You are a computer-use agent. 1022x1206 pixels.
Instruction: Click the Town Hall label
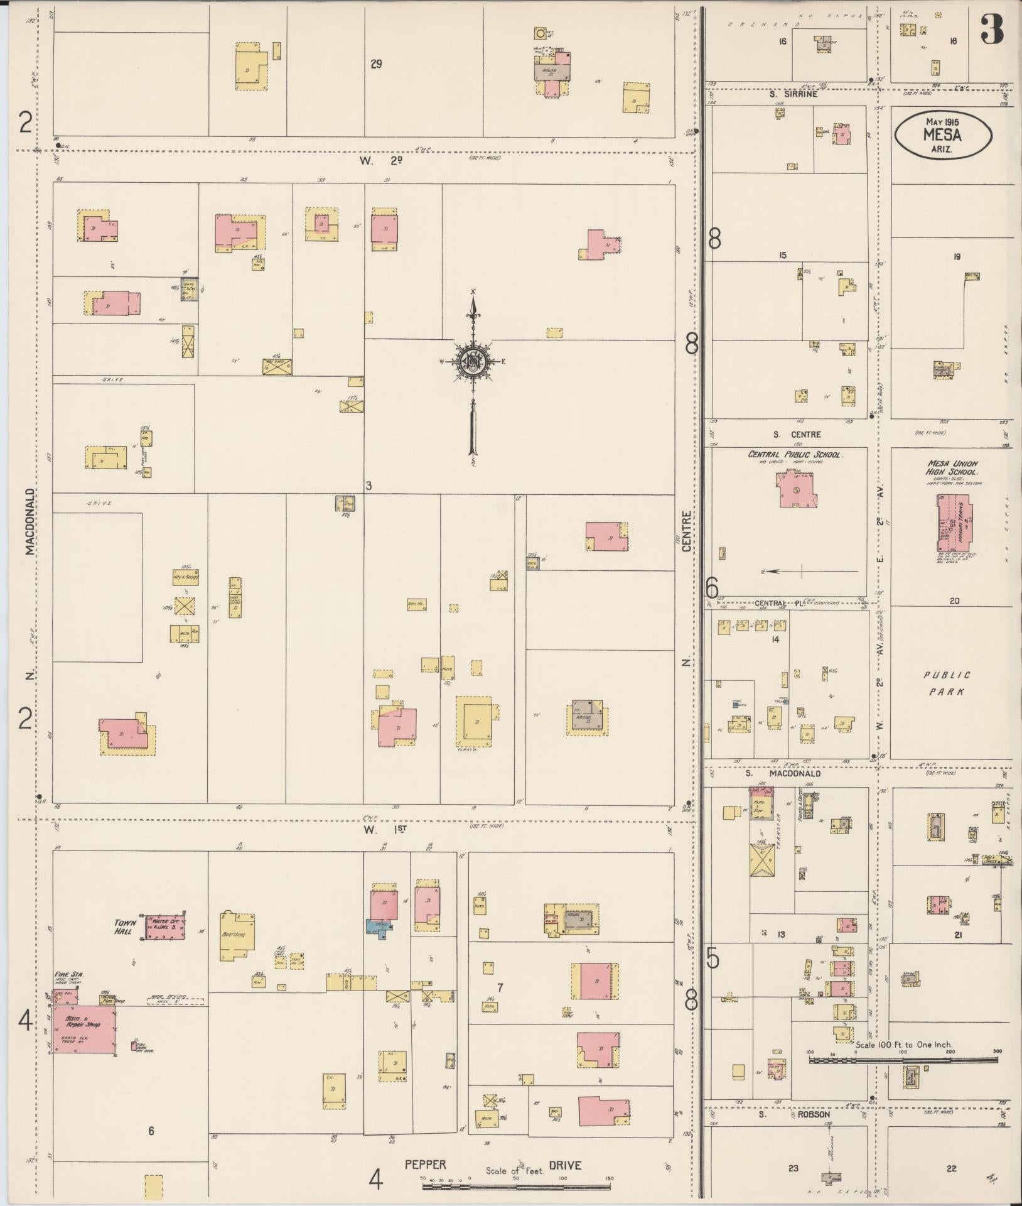[x=125, y=927]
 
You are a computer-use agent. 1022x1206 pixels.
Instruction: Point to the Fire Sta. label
[x=69, y=974]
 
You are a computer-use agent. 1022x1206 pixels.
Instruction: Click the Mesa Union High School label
[x=952, y=467]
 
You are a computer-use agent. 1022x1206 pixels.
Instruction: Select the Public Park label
[x=947, y=683]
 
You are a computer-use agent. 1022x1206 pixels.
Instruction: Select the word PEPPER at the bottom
[x=425, y=1165]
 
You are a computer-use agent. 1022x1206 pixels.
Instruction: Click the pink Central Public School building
[x=797, y=491]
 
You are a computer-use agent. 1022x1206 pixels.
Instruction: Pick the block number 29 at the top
[x=376, y=63]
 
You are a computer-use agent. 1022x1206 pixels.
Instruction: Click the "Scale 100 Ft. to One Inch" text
[x=903, y=1046]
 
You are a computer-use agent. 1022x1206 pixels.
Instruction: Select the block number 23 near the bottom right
[x=793, y=1168]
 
